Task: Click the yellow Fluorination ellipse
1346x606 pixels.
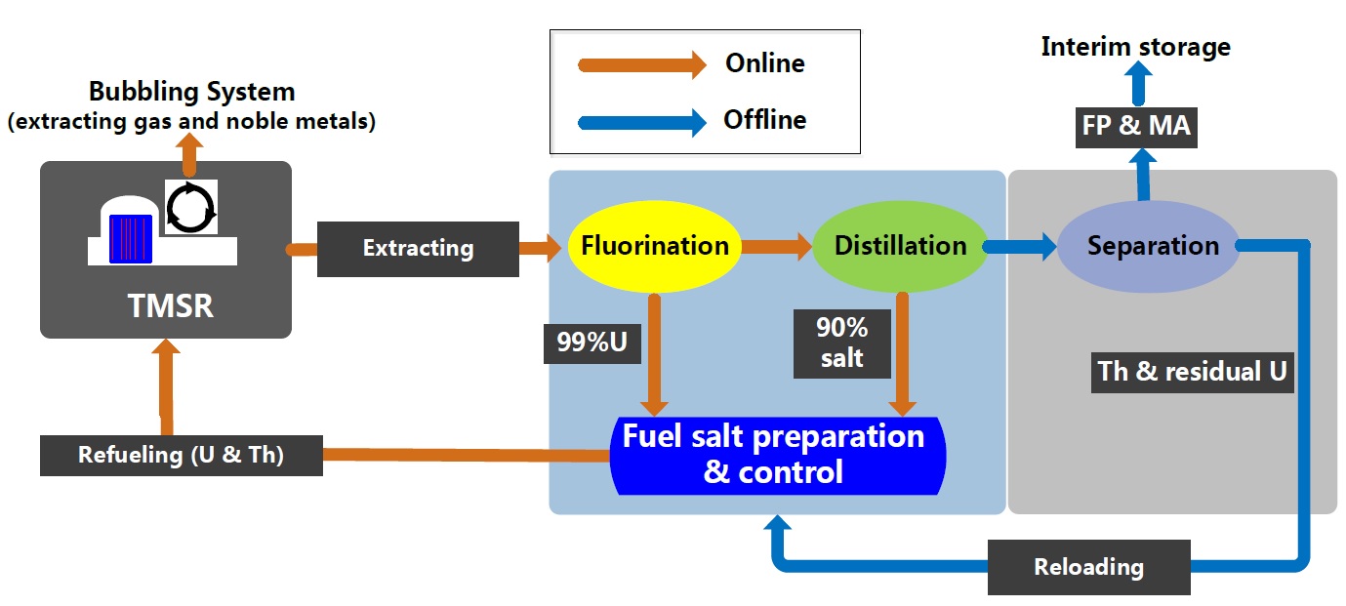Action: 655,246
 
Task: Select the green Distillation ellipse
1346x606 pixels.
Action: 899,246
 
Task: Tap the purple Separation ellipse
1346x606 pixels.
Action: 1153,246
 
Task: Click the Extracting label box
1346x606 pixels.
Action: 418,249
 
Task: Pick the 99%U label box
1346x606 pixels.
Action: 591,343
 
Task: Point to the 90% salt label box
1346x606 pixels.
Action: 841,343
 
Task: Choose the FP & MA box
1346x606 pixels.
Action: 1136,127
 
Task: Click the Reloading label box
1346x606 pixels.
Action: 1088,566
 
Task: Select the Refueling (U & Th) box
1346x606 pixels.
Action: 181,455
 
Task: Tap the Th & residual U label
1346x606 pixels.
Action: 1192,371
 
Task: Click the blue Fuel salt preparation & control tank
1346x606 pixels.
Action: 773,455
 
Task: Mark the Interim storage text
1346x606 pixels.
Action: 1135,47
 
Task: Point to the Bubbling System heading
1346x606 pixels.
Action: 191,93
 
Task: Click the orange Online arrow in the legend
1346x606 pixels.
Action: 642,64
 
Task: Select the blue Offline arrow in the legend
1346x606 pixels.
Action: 642,122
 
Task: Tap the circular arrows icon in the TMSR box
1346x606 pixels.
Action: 190,207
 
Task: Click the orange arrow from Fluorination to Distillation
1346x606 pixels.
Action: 776,246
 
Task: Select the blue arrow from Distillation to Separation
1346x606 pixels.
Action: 1021,246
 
